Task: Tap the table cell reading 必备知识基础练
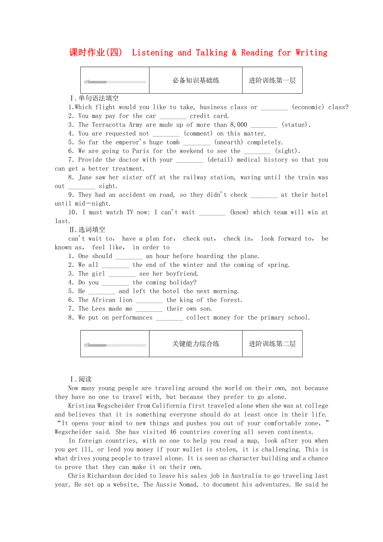(x=196, y=80)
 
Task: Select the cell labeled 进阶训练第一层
(x=272, y=80)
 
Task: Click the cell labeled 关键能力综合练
(x=196, y=344)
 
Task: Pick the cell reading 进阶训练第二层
(x=272, y=344)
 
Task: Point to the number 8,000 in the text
(x=239, y=125)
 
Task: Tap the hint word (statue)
(x=296, y=125)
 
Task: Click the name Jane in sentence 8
(x=85, y=177)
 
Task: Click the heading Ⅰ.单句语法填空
(x=94, y=99)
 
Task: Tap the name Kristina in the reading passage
(x=82, y=406)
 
